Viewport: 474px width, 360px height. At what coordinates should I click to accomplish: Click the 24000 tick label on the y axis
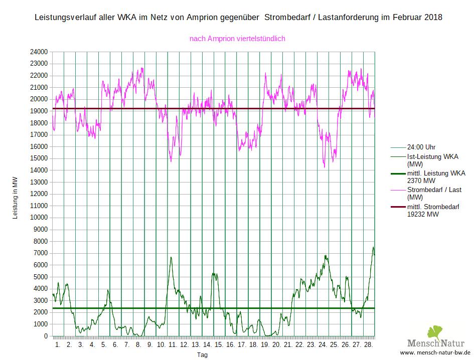click(x=38, y=52)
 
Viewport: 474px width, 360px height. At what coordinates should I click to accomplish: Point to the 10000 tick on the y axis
click(x=38, y=218)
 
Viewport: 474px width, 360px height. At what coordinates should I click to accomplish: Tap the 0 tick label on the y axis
click(x=45, y=336)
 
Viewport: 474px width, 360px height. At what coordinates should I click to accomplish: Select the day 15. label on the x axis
click(x=219, y=345)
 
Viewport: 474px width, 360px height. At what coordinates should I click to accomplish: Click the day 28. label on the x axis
click(x=368, y=345)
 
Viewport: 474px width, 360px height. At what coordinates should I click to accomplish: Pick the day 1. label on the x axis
click(x=58, y=345)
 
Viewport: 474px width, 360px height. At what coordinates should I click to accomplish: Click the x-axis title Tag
click(x=202, y=354)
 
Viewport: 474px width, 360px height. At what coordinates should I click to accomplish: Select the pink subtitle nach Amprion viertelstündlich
click(x=238, y=38)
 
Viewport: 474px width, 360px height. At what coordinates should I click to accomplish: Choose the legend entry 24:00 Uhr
click(x=421, y=147)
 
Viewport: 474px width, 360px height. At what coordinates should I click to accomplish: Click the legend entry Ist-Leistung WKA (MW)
click(x=432, y=160)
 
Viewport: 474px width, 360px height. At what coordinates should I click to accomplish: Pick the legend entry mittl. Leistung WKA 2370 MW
click(x=436, y=176)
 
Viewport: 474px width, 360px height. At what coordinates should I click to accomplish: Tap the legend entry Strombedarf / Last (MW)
click(x=434, y=194)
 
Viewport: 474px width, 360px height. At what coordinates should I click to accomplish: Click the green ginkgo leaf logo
click(x=435, y=332)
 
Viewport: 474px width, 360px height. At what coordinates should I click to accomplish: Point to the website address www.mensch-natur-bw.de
click(x=435, y=353)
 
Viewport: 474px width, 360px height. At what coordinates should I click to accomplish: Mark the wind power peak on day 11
click(x=171, y=257)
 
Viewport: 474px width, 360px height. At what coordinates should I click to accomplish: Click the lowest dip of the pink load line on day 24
click(x=325, y=167)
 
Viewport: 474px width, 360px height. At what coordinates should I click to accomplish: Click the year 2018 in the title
click(x=433, y=18)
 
